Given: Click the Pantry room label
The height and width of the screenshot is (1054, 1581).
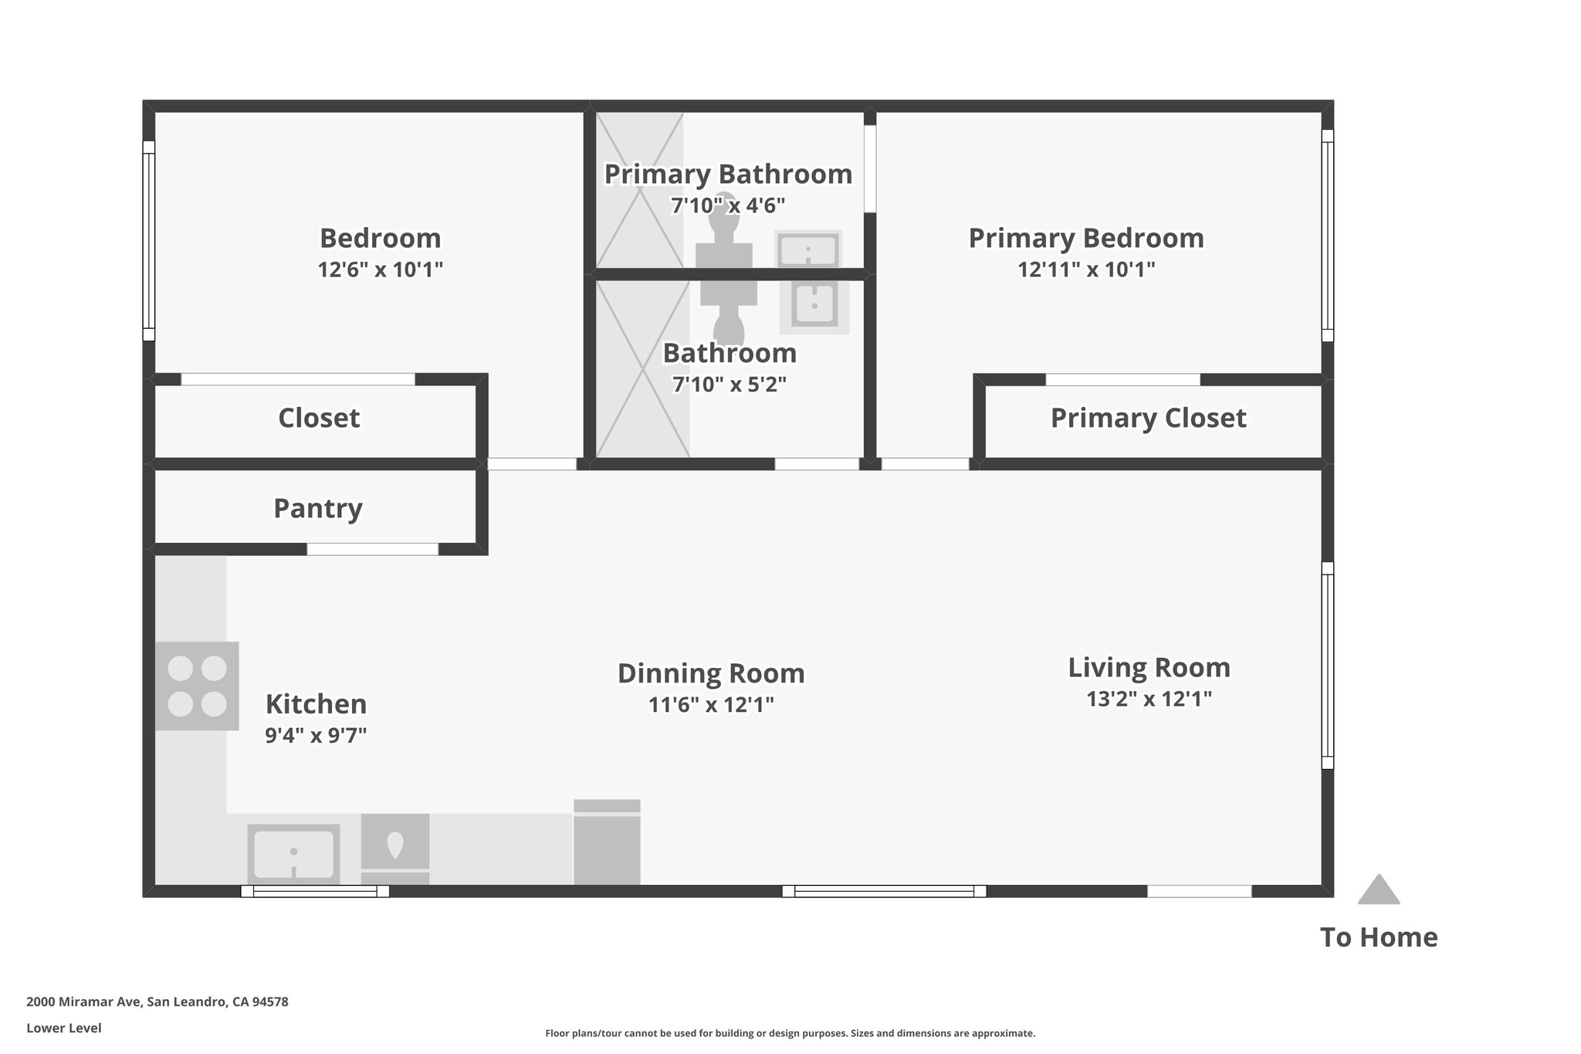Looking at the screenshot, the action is (318, 508).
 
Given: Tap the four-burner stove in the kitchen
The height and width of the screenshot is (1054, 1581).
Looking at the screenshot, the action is (197, 686).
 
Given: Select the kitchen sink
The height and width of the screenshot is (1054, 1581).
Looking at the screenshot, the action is (293, 853).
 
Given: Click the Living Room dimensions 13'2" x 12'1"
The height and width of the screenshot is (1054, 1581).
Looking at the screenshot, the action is (1149, 699).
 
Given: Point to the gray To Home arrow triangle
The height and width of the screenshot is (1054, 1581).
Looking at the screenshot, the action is (1379, 890).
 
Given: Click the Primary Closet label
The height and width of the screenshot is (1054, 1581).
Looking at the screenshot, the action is (1148, 418).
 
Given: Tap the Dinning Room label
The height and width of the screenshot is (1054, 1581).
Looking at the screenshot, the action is (711, 673).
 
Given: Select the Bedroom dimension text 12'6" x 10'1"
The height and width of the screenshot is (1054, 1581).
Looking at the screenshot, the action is (380, 269).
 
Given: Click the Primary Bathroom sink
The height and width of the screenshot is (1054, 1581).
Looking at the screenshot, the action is (808, 249).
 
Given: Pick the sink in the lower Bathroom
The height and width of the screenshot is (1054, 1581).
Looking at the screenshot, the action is (814, 304).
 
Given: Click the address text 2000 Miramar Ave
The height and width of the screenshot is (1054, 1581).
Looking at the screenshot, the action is (84, 1001).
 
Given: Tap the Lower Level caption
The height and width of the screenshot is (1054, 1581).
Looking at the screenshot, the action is (64, 1028).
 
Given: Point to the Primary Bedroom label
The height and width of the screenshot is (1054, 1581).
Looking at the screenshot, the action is (1086, 238).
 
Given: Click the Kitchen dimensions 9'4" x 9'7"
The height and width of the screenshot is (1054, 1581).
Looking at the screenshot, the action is (316, 735).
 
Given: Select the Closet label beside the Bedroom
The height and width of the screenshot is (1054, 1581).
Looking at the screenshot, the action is (319, 418).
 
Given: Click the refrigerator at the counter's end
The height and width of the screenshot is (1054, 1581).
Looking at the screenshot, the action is (607, 842).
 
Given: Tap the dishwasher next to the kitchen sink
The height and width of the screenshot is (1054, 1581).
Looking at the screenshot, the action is (395, 849).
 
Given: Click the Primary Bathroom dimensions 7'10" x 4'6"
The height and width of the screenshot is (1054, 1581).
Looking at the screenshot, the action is (728, 205).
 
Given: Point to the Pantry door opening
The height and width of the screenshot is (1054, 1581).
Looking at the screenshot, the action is (373, 549).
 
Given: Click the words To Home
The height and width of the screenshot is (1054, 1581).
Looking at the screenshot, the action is (1379, 937).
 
